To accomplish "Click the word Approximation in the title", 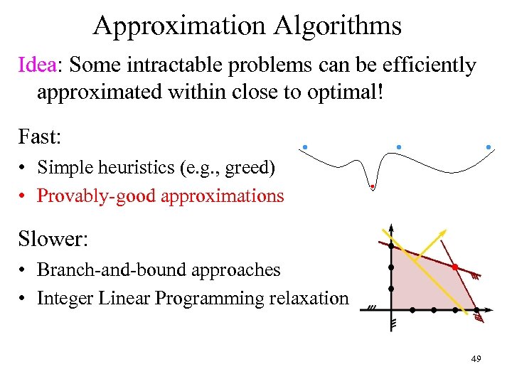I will tap(179, 26).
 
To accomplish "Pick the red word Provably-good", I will tap(96, 196).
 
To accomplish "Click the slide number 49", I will tap(476, 358).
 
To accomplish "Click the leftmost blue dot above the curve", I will tap(304, 147).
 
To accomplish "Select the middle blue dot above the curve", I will tap(399, 147).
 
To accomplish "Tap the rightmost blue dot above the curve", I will tap(489, 147).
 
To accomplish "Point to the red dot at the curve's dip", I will tap(372, 187).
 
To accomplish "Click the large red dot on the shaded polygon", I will tap(454, 267).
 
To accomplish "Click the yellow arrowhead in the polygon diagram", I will tap(443, 233).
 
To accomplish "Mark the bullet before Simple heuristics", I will tap(23, 168).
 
